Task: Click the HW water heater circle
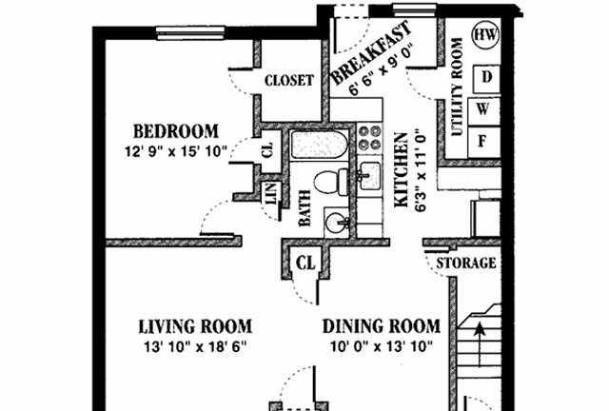(485, 35)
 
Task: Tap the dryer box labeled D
(486, 78)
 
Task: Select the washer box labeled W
(483, 111)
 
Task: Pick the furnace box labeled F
(483, 142)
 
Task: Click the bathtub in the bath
(320, 145)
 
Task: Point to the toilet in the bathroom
(331, 182)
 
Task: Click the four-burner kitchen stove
(369, 138)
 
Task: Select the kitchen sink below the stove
(369, 176)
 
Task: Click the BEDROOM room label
(176, 131)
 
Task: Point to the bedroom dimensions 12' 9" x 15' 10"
(175, 151)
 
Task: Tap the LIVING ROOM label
(195, 326)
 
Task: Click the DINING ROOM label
(382, 326)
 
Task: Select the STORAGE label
(466, 264)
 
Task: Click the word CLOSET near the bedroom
(289, 81)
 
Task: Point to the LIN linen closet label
(271, 193)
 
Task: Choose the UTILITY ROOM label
(458, 87)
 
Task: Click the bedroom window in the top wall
(190, 33)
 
